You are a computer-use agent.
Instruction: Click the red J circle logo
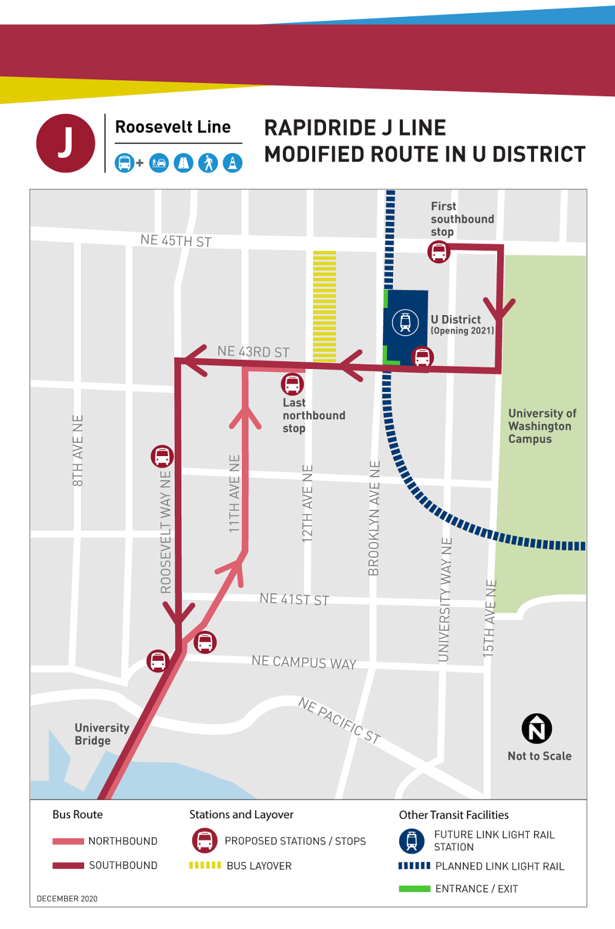point(65,143)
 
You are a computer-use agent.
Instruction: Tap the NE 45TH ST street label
point(175,241)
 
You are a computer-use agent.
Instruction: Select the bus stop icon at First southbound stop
point(438,252)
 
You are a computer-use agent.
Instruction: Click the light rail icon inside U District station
point(405,322)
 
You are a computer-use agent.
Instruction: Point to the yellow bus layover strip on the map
point(324,306)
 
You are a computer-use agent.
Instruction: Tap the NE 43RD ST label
point(253,351)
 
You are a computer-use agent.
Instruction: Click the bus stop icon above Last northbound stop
point(292,384)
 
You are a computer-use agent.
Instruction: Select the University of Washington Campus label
point(541,426)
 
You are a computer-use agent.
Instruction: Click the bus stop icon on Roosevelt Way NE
point(162,456)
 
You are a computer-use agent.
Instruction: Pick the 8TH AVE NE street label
point(77,451)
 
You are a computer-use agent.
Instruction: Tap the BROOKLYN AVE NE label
point(374,518)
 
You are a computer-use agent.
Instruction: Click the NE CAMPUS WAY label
point(304,662)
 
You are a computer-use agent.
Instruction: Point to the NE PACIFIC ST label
point(339,720)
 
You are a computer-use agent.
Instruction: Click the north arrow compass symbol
point(536,729)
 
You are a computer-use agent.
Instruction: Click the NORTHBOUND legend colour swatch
point(68,841)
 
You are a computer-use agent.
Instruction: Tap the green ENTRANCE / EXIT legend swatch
point(414,888)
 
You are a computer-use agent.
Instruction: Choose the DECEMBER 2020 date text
point(67,899)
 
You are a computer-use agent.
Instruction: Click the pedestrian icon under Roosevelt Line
point(208,163)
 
